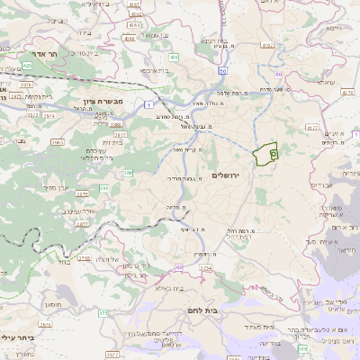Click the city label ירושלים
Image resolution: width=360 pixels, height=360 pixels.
tap(230, 173)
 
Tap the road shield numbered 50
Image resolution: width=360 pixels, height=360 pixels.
tap(222, 70)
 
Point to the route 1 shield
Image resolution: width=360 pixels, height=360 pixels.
tap(146, 105)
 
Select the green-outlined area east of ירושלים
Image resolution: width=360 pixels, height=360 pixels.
tap(265, 155)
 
